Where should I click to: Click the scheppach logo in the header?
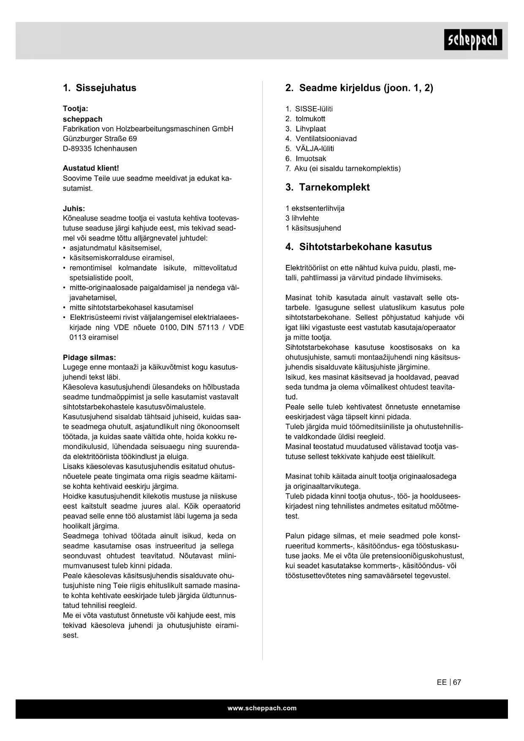(473, 40)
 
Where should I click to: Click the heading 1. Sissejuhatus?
(100, 88)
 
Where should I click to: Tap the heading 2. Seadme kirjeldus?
(359, 88)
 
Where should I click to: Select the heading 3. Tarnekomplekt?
(327, 187)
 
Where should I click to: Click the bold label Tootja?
(76, 109)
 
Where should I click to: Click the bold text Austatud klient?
(91, 168)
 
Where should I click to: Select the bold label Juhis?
(74, 209)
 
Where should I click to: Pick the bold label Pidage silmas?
(89, 357)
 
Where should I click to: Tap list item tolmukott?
(310, 119)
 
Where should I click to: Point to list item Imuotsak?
(310, 159)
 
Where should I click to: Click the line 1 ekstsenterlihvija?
(315, 208)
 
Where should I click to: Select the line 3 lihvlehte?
(302, 218)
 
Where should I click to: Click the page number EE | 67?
(449, 682)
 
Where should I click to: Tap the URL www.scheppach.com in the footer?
(262, 708)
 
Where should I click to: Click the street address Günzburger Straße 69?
(100, 139)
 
